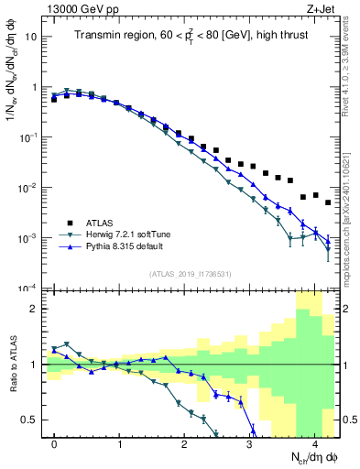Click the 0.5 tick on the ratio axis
pyautogui.click(x=30, y=420)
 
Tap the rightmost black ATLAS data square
pyautogui.click(x=328, y=202)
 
